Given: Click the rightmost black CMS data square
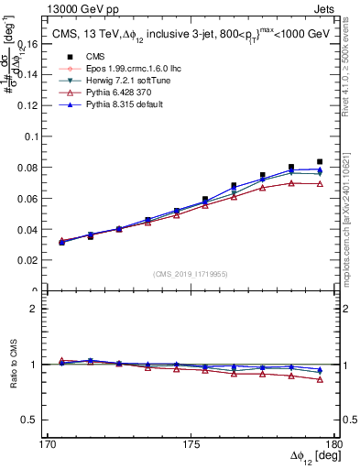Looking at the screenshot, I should click(320, 162).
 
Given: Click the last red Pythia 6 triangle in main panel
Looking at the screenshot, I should click(320, 184).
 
